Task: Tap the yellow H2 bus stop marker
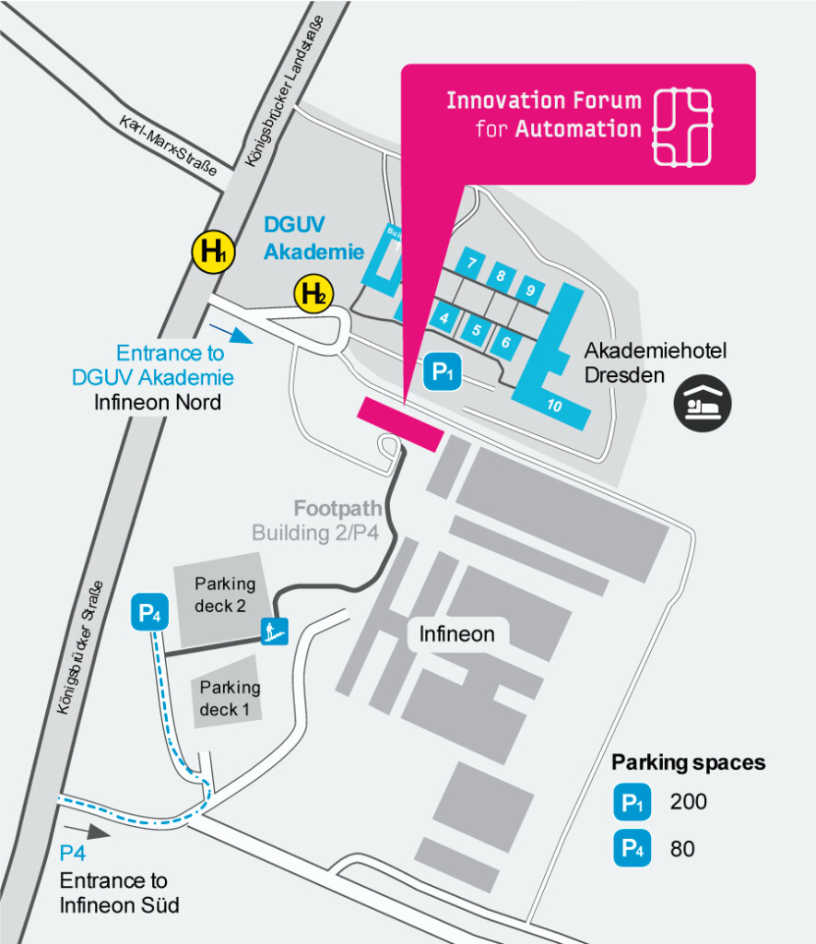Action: tap(313, 294)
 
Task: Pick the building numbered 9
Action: tap(530, 290)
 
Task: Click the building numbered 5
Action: tap(476, 330)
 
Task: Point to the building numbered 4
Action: tap(445, 319)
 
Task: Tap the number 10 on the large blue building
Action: tap(554, 405)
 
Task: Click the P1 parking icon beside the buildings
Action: tap(443, 372)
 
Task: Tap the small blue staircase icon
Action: tap(275, 631)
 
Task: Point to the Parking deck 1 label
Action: tap(230, 698)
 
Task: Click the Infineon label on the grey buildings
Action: tap(456, 633)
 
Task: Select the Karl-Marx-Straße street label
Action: tap(168, 145)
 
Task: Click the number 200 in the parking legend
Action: tap(688, 802)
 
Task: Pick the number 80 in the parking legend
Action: tap(682, 848)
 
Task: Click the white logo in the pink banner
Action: tap(682, 127)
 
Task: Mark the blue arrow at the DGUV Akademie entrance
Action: tap(231, 332)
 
